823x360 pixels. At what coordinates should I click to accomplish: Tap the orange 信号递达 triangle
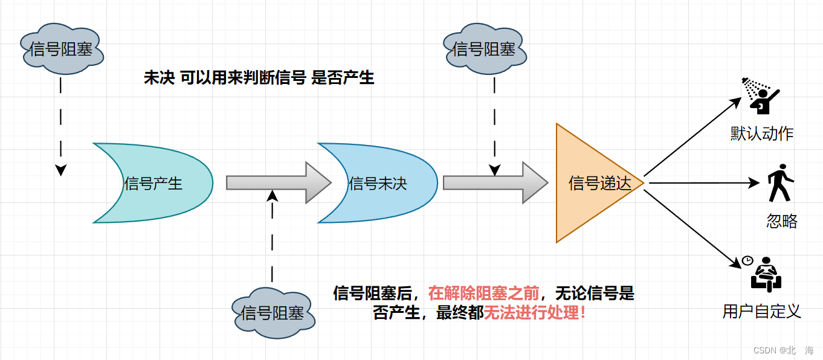(x=595, y=183)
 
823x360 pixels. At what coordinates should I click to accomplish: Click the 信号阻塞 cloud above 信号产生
(x=62, y=49)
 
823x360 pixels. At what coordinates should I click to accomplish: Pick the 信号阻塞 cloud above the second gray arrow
(x=484, y=49)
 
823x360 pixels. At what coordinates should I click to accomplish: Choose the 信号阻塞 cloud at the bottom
(x=273, y=313)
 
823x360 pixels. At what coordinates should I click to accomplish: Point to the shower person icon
(x=761, y=95)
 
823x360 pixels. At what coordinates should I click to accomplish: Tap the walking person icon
(x=778, y=182)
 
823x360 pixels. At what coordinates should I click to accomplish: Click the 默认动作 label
(x=761, y=134)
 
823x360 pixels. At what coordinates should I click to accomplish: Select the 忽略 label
(x=782, y=221)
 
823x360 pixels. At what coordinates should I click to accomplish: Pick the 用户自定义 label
(x=761, y=312)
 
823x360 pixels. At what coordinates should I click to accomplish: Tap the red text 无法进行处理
(x=535, y=313)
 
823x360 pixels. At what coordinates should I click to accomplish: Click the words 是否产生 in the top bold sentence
(x=343, y=78)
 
